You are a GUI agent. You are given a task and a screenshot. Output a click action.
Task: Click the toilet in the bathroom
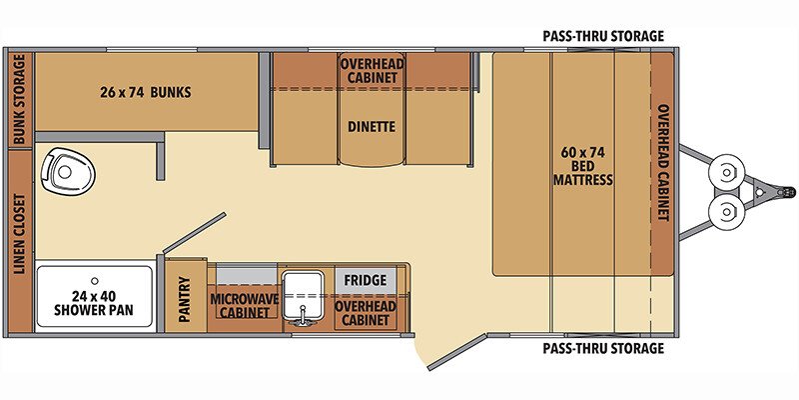tap(68, 170)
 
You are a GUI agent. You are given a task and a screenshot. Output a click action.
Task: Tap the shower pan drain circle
tap(94, 281)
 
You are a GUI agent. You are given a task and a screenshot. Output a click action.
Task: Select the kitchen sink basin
tap(304, 296)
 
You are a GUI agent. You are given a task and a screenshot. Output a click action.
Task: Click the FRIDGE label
tap(365, 281)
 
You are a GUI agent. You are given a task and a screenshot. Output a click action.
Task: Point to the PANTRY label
tap(185, 299)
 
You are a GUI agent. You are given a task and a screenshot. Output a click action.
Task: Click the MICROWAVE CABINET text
tap(244, 305)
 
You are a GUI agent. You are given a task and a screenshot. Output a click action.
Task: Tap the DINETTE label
tap(372, 126)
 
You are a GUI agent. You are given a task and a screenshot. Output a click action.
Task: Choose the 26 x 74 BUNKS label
tap(145, 92)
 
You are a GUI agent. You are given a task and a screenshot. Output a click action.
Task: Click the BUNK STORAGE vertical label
tap(19, 99)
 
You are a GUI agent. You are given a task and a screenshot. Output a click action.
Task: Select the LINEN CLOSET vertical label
tap(19, 234)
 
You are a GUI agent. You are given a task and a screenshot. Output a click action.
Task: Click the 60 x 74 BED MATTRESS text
tap(583, 166)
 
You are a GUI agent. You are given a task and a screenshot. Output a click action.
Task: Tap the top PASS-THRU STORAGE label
tap(603, 36)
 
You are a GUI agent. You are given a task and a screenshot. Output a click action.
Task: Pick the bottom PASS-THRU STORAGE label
tap(603, 348)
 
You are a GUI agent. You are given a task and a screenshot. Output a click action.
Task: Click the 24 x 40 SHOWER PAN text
tap(94, 303)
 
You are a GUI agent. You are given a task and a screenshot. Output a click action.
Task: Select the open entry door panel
tap(457, 352)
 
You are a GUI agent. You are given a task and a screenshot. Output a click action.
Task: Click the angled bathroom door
tap(194, 233)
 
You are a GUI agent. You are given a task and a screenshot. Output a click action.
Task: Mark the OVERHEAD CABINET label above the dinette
tap(372, 71)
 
